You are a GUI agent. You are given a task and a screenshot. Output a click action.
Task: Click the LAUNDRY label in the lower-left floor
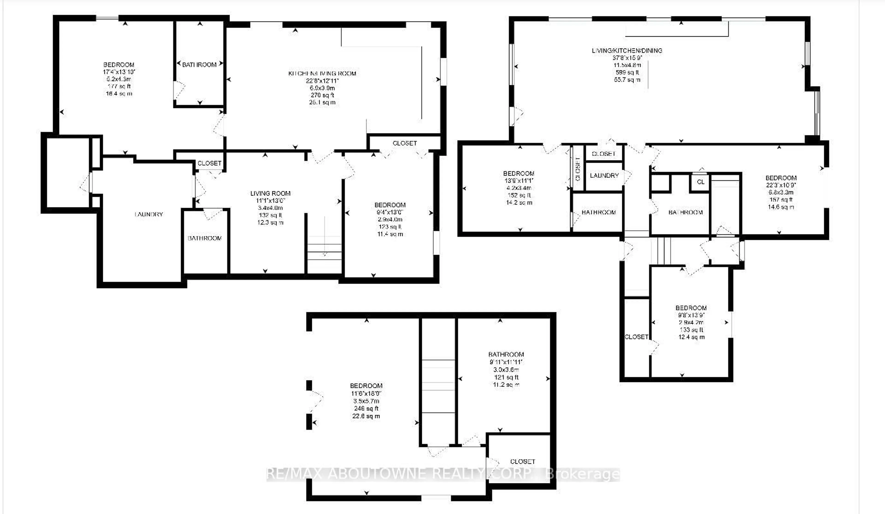pyautogui.click(x=149, y=214)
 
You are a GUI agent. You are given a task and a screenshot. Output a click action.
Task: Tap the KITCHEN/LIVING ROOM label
pyautogui.click(x=322, y=74)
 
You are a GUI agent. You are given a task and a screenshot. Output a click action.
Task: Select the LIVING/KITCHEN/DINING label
pyautogui.click(x=627, y=50)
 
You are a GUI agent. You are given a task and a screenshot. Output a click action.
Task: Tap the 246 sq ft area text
pyautogui.click(x=366, y=408)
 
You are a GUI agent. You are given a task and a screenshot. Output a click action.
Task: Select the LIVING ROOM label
pyautogui.click(x=270, y=193)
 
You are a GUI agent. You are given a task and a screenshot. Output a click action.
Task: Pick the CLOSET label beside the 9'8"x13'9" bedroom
pyautogui.click(x=636, y=337)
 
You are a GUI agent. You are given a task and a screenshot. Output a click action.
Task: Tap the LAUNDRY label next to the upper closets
pyautogui.click(x=604, y=175)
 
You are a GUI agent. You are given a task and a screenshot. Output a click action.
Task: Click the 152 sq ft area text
pyautogui.click(x=519, y=195)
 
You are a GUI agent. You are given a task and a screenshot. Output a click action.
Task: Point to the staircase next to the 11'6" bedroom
pyautogui.click(x=438, y=387)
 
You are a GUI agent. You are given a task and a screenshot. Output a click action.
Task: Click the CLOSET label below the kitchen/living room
pyautogui.click(x=404, y=143)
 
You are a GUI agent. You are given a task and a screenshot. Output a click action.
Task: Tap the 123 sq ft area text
pyautogui.click(x=390, y=227)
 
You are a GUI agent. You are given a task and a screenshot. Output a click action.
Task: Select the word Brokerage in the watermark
pyautogui.click(x=583, y=474)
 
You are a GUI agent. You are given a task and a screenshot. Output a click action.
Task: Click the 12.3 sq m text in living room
pyautogui.click(x=270, y=222)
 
